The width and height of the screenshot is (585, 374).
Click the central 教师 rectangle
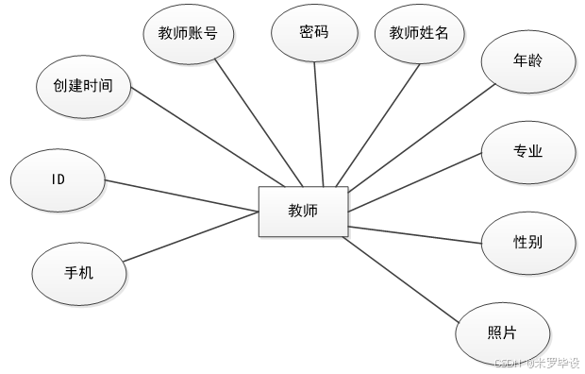(x=303, y=211)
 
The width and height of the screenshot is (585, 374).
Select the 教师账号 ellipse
(x=189, y=34)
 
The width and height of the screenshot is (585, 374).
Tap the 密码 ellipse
(x=314, y=32)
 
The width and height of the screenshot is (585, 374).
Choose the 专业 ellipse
(x=527, y=151)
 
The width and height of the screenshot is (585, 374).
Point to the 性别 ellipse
(x=527, y=242)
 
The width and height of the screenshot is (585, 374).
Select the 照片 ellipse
(x=501, y=332)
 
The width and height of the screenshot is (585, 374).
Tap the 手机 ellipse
(x=78, y=273)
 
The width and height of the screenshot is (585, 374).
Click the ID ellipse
(x=57, y=179)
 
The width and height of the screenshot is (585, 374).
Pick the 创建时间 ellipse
(x=83, y=86)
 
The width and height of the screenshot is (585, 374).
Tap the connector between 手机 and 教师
(x=189, y=239)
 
